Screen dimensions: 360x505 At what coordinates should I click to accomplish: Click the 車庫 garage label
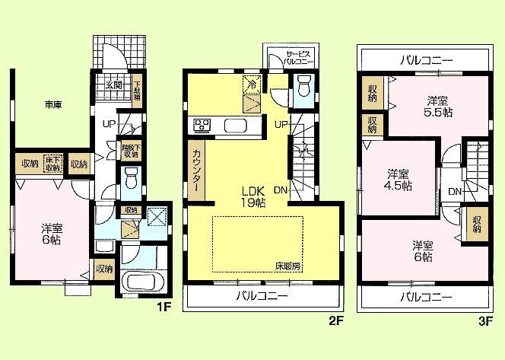point(52,105)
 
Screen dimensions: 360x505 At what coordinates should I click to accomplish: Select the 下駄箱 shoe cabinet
point(137,91)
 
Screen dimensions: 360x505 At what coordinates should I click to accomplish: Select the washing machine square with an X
point(157,217)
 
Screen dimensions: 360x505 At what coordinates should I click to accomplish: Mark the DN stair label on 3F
point(454,191)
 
